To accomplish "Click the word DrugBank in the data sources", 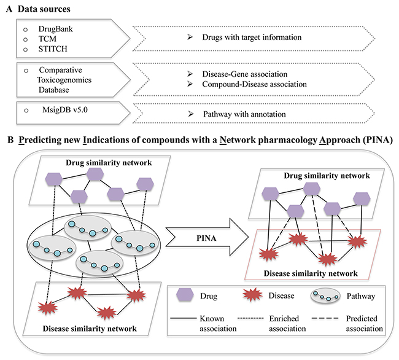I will [x=55, y=29].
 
